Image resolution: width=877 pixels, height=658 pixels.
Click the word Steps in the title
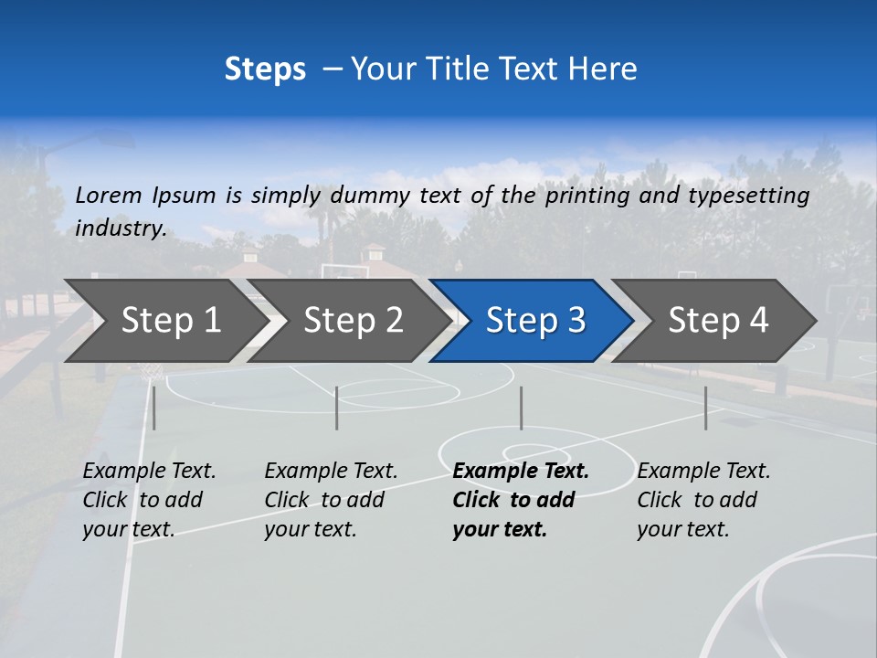(265, 69)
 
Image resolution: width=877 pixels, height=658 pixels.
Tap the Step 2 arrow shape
(351, 320)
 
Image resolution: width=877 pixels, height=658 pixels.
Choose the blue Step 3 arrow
(534, 320)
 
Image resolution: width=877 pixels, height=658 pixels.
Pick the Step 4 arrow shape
(716, 320)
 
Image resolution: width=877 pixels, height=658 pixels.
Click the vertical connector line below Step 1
(154, 408)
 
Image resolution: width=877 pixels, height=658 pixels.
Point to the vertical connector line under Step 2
(337, 408)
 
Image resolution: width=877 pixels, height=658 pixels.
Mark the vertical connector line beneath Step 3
(521, 408)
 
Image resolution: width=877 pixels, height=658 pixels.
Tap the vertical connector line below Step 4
(705, 408)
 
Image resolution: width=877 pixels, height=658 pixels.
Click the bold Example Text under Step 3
(521, 472)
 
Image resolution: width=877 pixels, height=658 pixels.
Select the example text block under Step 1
(149, 500)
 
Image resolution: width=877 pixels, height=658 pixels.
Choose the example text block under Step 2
(331, 500)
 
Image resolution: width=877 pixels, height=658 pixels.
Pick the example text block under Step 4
(703, 500)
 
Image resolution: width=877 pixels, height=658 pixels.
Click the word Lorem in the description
(109, 195)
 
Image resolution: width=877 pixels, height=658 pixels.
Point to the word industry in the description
(120, 228)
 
